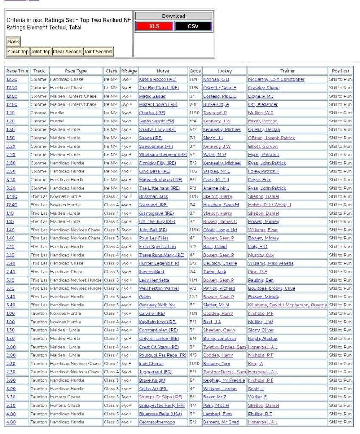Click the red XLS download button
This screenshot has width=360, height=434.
pos(154,26)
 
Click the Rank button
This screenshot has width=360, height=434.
pos(14,42)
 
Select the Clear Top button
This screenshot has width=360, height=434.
pos(18,52)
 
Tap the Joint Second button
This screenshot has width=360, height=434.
pos(98,52)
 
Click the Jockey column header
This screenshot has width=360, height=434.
pos(224,71)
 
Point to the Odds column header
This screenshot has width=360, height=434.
pos(195,71)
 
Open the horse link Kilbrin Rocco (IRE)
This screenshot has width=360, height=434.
pos(157,79)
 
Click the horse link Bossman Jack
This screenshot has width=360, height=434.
pos(153,196)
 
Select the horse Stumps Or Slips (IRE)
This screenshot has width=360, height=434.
pos(160,397)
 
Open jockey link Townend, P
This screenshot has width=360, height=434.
pos(215,113)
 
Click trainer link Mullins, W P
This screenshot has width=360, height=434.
pos(261,113)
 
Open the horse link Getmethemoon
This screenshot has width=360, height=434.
pos(156,422)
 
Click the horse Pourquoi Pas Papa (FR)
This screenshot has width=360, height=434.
pos(162,355)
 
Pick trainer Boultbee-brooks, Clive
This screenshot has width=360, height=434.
pos(271,288)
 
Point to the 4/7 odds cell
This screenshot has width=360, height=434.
pos(193,406)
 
